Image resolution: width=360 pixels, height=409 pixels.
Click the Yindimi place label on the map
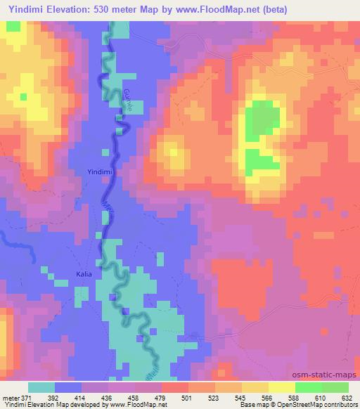click(x=98, y=171)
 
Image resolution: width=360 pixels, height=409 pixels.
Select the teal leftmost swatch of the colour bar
click(x=41, y=387)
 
